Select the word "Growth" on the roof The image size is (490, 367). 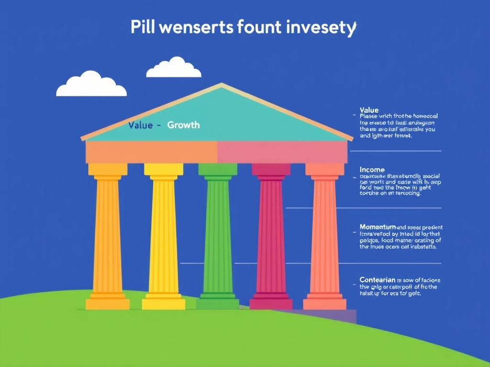(183, 125)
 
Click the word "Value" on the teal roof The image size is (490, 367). (141, 125)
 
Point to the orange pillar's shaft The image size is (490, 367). (108, 234)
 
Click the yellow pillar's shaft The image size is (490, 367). (164, 234)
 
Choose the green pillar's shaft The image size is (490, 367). (218, 234)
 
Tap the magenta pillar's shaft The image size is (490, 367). (271, 234)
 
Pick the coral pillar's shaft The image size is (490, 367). (324, 234)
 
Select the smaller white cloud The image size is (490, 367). (174, 68)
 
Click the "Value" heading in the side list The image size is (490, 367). (369, 110)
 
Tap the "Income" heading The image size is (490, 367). (372, 170)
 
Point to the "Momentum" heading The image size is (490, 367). (378, 227)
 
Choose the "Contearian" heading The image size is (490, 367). (378, 280)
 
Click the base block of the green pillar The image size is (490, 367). (218, 303)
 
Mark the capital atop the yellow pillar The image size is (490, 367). (164, 170)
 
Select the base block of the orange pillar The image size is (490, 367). (108, 304)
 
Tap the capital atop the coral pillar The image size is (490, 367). (324, 170)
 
